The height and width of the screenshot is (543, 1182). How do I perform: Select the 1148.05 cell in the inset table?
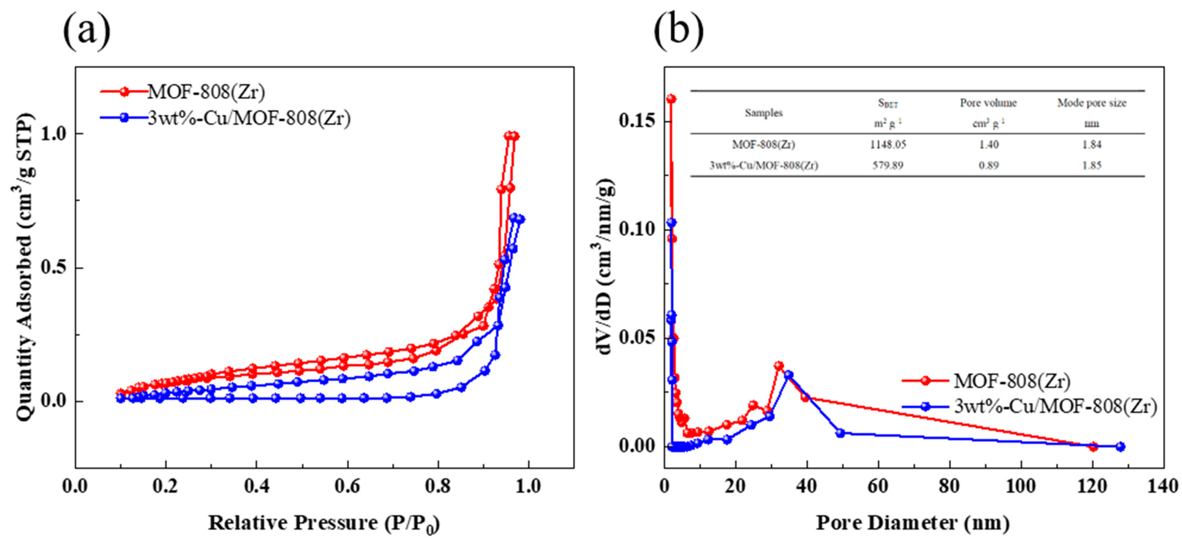[888, 145]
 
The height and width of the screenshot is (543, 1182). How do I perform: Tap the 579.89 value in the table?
[888, 165]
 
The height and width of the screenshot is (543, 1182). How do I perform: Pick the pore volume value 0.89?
[988, 165]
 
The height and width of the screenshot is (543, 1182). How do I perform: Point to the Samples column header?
[764, 113]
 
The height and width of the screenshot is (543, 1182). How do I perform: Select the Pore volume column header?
[988, 103]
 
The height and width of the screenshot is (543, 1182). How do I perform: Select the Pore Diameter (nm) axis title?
[913, 523]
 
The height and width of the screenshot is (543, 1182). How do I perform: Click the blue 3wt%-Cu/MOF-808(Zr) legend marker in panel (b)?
[926, 407]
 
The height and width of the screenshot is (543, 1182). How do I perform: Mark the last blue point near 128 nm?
[1120, 447]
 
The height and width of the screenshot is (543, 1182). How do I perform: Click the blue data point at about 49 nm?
[840, 433]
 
